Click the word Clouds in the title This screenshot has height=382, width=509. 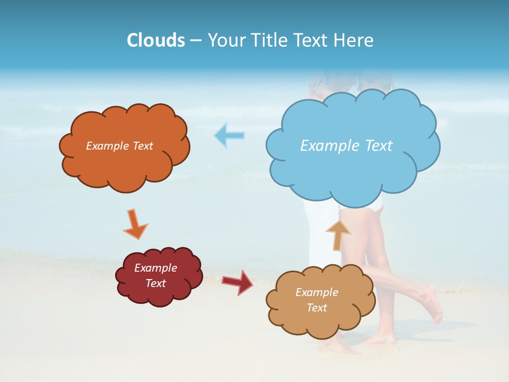[156, 40]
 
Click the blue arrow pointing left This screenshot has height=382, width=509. [229, 136]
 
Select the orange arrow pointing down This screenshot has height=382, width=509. [135, 223]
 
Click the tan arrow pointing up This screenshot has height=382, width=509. [338, 234]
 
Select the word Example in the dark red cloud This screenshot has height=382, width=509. [155, 268]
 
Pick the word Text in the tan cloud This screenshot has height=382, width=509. [317, 308]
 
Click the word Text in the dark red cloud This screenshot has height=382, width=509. [155, 283]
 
